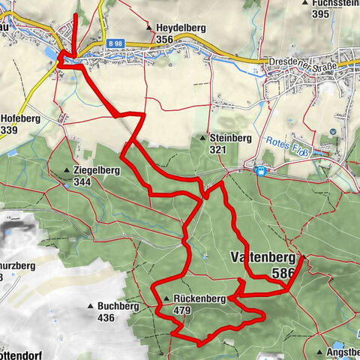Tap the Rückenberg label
click(x=199, y=298)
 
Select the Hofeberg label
click(x=19, y=118)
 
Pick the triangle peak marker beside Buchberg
click(x=91, y=306)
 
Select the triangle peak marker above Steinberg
click(x=203, y=138)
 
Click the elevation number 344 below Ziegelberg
click(x=83, y=181)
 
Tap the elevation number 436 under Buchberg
click(x=105, y=317)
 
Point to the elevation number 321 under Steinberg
click(x=217, y=150)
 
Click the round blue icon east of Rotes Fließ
click(x=332, y=131)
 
